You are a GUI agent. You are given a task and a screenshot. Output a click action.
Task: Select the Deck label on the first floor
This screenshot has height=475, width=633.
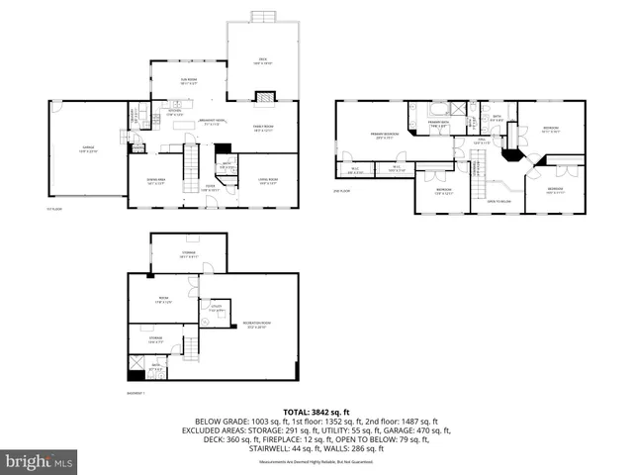[263, 61]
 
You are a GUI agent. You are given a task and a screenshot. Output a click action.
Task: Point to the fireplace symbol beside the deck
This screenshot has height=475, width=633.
[264, 96]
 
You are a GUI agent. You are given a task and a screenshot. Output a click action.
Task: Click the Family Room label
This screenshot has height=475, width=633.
[264, 129]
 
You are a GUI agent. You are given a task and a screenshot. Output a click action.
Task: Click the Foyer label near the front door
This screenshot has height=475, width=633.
[211, 187]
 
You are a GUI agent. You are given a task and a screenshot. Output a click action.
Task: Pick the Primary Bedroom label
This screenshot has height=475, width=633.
[385, 136]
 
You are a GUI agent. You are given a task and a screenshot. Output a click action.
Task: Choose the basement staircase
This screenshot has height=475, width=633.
[190, 347]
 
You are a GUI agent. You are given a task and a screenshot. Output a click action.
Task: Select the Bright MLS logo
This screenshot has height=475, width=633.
[40, 461]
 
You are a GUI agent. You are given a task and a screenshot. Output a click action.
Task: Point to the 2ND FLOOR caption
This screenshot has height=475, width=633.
[342, 190]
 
